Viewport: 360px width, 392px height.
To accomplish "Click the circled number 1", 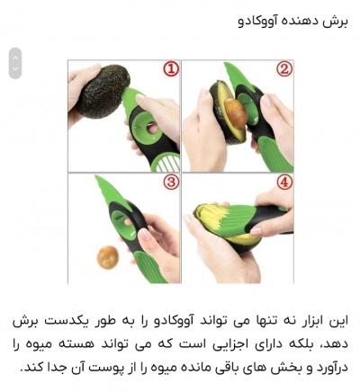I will [x=170, y=69].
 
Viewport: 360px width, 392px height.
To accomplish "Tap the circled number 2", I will [x=283, y=69].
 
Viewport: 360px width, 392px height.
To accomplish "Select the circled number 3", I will [x=170, y=183].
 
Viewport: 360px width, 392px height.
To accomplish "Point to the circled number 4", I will [x=283, y=183].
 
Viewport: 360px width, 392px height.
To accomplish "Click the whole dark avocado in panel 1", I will [x=102, y=91].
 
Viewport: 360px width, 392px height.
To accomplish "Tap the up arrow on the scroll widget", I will [x=14, y=56].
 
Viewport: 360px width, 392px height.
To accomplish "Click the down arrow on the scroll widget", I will [x=14, y=69].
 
